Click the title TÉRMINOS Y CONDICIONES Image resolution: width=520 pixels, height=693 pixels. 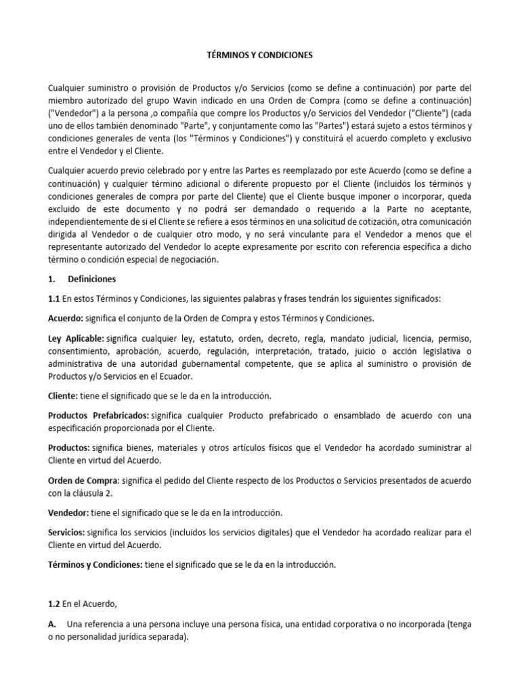(259, 57)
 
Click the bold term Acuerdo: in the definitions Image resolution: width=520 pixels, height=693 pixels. (67, 319)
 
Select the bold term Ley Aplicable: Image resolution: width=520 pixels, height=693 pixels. (76, 338)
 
